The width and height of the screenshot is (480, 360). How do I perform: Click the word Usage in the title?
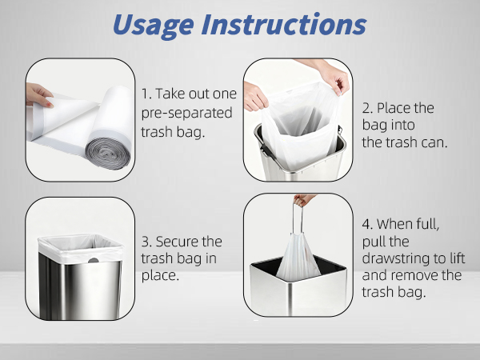tap(153, 26)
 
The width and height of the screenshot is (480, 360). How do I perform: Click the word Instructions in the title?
tap(284, 24)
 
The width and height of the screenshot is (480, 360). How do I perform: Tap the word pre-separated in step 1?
tap(186, 113)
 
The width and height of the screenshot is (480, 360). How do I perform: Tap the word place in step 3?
tap(160, 275)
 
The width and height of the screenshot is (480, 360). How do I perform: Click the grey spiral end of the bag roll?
tap(108, 154)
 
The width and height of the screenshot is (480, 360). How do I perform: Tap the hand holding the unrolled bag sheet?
tap(39, 95)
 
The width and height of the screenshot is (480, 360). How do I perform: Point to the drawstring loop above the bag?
tap(298, 218)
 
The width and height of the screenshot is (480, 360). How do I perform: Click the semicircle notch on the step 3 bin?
tap(94, 261)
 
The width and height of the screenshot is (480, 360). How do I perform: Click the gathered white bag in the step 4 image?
tap(298, 258)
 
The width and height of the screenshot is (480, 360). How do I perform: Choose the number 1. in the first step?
tap(146, 94)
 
